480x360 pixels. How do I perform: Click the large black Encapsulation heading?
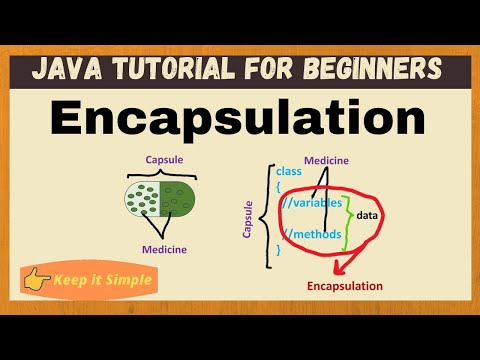[239, 119]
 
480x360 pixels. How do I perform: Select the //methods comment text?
[314, 235]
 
